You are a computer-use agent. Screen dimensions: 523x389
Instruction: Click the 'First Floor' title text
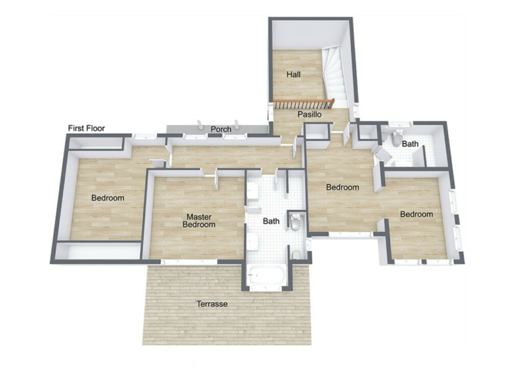click(x=86, y=128)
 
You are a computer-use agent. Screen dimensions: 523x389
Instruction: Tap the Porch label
click(x=221, y=129)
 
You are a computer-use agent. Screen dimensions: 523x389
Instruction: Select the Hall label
click(x=294, y=75)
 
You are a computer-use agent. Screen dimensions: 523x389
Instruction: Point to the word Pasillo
click(x=310, y=114)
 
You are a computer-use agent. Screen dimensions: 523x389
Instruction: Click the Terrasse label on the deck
click(x=212, y=304)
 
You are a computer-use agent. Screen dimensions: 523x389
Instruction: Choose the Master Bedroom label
click(x=199, y=221)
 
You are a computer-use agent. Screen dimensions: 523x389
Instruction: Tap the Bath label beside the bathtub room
click(x=271, y=221)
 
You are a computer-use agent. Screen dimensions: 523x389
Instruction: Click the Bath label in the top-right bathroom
click(x=410, y=143)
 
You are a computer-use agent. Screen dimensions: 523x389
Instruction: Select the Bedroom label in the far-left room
click(x=108, y=198)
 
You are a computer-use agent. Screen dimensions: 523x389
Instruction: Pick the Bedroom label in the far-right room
click(x=417, y=214)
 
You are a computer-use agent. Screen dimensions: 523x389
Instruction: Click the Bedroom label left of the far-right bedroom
click(x=343, y=187)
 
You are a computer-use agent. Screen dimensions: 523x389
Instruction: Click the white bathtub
click(x=267, y=276)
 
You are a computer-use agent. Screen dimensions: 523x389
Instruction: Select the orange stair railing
click(x=304, y=103)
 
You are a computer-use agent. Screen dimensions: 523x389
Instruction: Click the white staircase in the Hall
click(x=335, y=76)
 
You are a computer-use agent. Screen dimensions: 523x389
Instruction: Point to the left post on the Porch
click(x=200, y=125)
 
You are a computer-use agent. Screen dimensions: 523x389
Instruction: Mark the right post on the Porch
click(x=237, y=125)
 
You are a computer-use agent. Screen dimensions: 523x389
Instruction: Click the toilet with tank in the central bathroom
click(x=295, y=222)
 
